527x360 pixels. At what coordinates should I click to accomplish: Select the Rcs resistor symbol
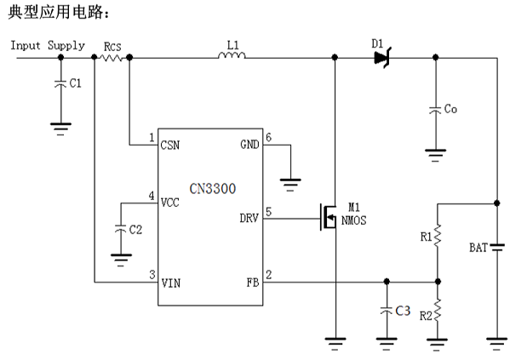point(112,58)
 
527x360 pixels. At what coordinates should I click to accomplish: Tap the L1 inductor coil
point(232,57)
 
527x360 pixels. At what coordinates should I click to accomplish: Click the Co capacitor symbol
point(435,110)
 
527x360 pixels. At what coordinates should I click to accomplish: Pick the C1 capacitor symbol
point(60,83)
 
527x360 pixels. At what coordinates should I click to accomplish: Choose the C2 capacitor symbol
point(121,228)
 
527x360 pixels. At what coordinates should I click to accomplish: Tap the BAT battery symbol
point(497,248)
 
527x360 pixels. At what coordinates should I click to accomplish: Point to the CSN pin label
point(171,145)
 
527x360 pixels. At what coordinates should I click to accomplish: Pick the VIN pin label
point(171,281)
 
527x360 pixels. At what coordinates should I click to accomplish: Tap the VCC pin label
point(171,203)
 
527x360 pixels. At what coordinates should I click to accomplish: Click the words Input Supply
point(48,45)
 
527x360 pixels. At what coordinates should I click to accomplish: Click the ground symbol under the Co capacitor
point(435,154)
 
